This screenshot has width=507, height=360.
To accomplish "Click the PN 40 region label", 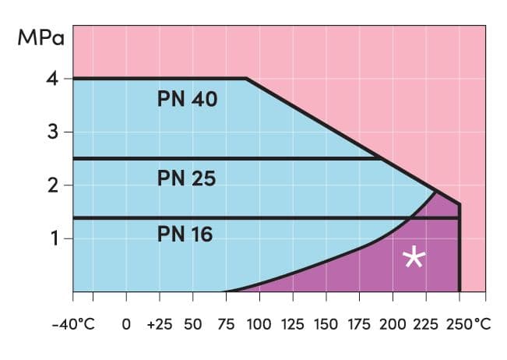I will click(187, 101).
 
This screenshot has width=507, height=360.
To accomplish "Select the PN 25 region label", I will click(186, 178).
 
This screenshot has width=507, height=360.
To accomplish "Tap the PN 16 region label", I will click(185, 234).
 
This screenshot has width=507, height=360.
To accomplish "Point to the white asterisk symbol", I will click(415, 258).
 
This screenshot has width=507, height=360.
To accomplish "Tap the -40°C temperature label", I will click(72, 323).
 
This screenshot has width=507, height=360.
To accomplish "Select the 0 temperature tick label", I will click(126, 323).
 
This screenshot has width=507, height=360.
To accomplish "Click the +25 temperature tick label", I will click(159, 323).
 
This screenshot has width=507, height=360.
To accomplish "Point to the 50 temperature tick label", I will click(192, 323).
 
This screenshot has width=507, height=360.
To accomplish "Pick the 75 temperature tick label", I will click(226, 323).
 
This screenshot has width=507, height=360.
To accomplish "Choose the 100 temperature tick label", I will click(259, 323).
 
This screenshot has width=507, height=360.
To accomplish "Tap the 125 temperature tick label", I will click(293, 323).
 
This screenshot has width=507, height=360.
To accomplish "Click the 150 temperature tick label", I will click(326, 323).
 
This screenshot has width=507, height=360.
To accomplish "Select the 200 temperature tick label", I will click(393, 323).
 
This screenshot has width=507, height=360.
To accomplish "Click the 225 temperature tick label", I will click(427, 323).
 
